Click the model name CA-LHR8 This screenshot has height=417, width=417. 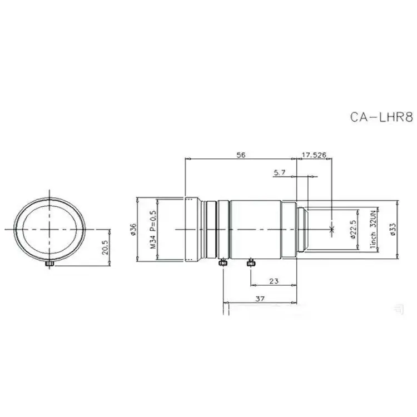(x=381, y=117)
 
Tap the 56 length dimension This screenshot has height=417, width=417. (x=241, y=155)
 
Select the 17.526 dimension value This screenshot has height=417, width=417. (x=314, y=155)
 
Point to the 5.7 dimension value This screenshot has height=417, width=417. (x=280, y=172)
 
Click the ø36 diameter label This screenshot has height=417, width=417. (x=133, y=229)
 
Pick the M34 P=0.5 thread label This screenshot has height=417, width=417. (x=153, y=229)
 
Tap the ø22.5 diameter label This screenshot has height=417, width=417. (x=353, y=229)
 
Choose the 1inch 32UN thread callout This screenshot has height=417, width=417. (x=374, y=229)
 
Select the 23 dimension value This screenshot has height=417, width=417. (x=274, y=281)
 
